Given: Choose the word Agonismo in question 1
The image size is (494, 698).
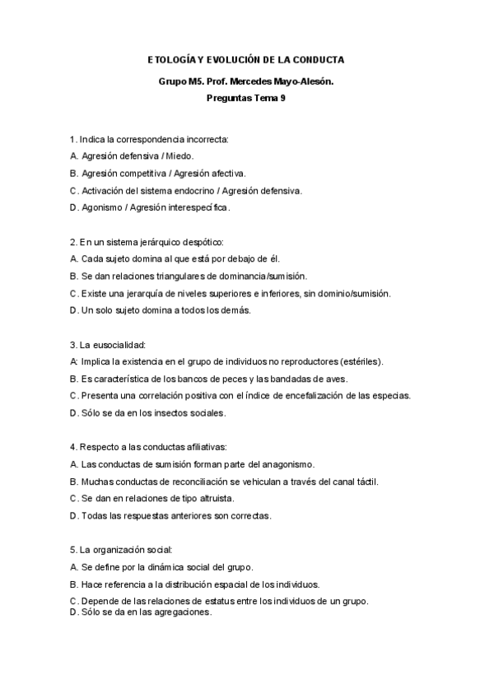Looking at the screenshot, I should (100, 207).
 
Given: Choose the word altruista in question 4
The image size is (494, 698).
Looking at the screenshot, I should (213, 499).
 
